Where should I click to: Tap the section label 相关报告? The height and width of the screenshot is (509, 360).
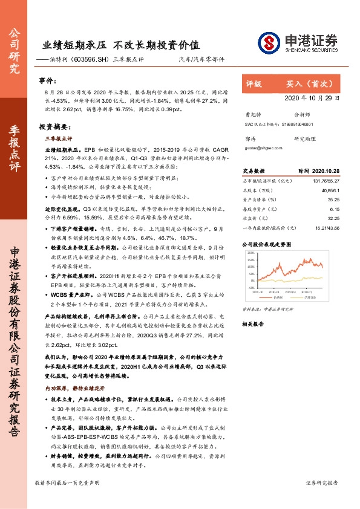tap(254, 323)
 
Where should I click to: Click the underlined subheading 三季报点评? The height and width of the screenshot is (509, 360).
tap(58, 138)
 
